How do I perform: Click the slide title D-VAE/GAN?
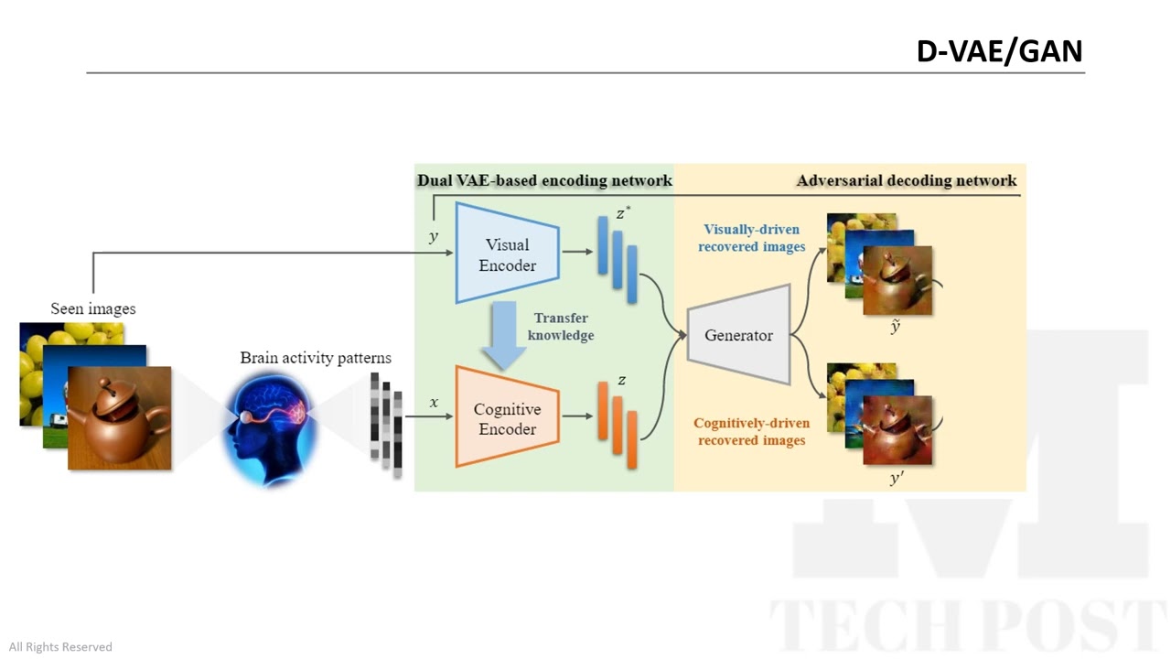(999, 51)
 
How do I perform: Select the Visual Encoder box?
(507, 254)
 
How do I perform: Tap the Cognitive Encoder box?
(507, 418)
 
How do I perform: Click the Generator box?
(738, 335)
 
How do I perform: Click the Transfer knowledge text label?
(561, 327)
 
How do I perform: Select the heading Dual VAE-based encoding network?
(544, 180)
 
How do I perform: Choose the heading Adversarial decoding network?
(907, 180)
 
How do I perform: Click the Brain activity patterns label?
(316, 358)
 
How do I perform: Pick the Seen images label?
(93, 308)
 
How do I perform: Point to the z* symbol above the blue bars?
(623, 214)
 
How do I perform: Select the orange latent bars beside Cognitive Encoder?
(618, 425)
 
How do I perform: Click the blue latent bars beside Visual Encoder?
(618, 258)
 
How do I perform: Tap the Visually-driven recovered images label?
(752, 238)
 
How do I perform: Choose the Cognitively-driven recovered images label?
(752, 431)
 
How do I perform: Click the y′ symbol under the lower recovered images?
(897, 478)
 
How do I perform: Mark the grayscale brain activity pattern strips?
(386, 424)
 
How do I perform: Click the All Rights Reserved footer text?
(60, 647)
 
